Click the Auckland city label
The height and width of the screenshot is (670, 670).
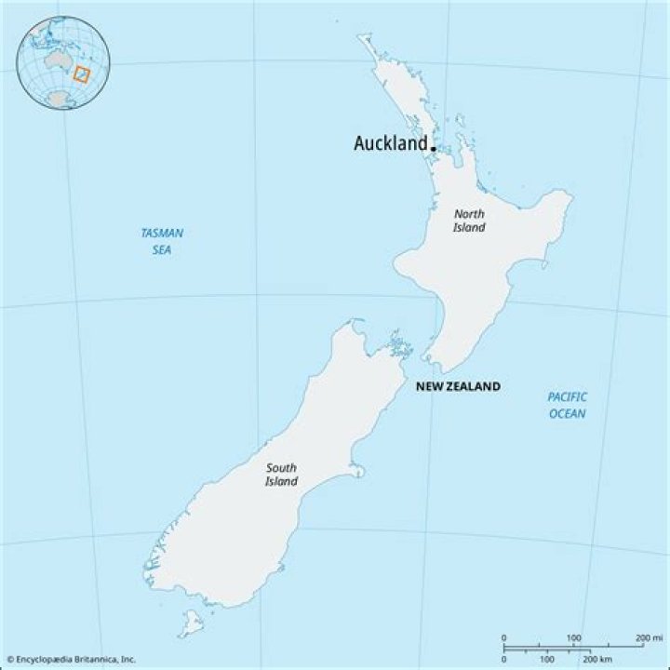391,144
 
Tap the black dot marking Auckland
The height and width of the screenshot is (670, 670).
434,147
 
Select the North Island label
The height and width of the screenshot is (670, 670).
469,221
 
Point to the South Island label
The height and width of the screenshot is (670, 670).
281,475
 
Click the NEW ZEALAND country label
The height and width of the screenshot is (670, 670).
457,386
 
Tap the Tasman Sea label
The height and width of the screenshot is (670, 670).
162,242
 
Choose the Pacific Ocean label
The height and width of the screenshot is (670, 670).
568,405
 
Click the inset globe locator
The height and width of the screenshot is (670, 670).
63,63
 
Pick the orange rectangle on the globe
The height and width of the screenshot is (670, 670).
81,74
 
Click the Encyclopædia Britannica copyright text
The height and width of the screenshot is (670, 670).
71,659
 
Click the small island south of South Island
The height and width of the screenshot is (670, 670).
191,623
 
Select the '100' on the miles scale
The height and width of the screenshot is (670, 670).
574,637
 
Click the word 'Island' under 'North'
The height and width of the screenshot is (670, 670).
469,228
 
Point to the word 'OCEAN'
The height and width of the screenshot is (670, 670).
568,413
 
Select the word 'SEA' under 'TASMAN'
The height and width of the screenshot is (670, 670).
162,250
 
